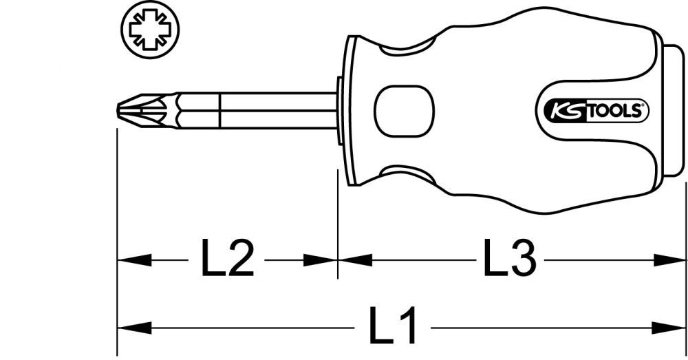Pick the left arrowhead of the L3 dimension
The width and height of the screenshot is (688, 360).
tap(354, 260)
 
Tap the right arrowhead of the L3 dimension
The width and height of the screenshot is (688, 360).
tap(671, 260)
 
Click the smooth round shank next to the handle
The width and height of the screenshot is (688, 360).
tap(275, 109)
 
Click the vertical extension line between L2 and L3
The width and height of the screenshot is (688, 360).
tap(338, 227)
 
